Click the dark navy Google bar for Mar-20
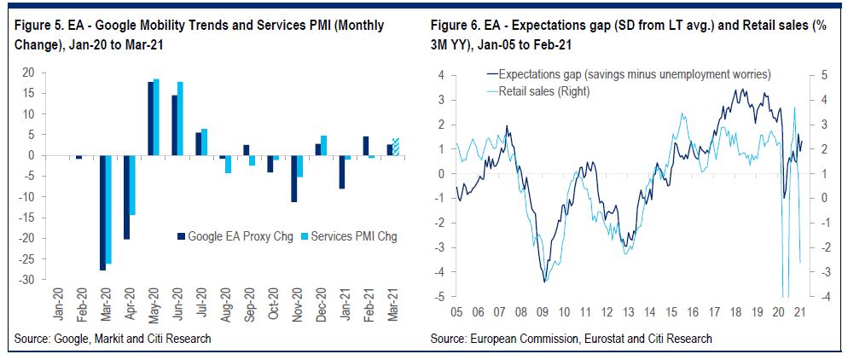103,212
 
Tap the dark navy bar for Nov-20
293,178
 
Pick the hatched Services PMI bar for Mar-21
395,147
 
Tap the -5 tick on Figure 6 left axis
438,297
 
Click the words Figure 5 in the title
38,26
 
